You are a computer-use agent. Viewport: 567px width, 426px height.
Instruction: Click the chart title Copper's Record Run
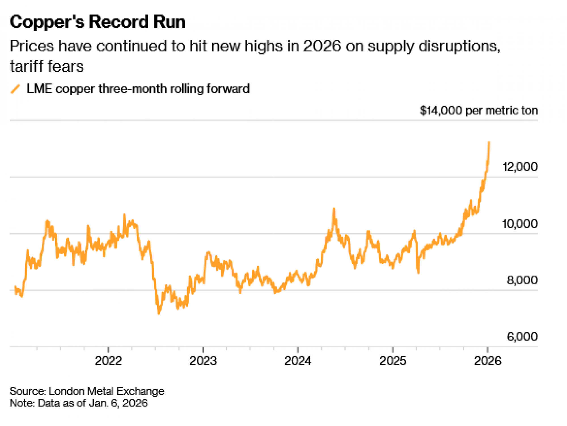pyautogui.click(x=98, y=22)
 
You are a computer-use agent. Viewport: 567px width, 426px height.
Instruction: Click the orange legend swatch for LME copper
pyautogui.click(x=16, y=89)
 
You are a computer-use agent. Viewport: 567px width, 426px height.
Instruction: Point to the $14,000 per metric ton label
pyautogui.click(x=479, y=110)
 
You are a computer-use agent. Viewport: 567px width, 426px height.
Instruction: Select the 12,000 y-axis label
pyautogui.click(x=520, y=167)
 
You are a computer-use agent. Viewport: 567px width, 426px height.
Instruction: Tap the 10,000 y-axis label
pyautogui.click(x=520, y=224)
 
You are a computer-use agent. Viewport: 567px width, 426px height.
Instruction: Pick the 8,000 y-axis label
pyautogui.click(x=522, y=280)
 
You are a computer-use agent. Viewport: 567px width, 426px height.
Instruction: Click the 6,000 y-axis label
pyautogui.click(x=522, y=337)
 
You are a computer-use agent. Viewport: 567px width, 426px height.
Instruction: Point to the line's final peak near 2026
pyautogui.click(x=489, y=142)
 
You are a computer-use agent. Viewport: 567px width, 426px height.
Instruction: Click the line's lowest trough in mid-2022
pyautogui.click(x=159, y=313)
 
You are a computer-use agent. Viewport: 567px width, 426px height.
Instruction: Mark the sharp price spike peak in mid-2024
pyautogui.click(x=334, y=209)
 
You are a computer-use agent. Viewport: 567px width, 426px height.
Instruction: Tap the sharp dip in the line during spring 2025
pyautogui.click(x=418, y=272)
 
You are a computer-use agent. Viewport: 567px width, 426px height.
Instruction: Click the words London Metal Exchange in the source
pyautogui.click(x=106, y=391)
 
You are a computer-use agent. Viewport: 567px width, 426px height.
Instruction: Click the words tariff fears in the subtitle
pyautogui.click(x=47, y=67)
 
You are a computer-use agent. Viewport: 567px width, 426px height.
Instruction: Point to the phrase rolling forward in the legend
pyautogui.click(x=210, y=89)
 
